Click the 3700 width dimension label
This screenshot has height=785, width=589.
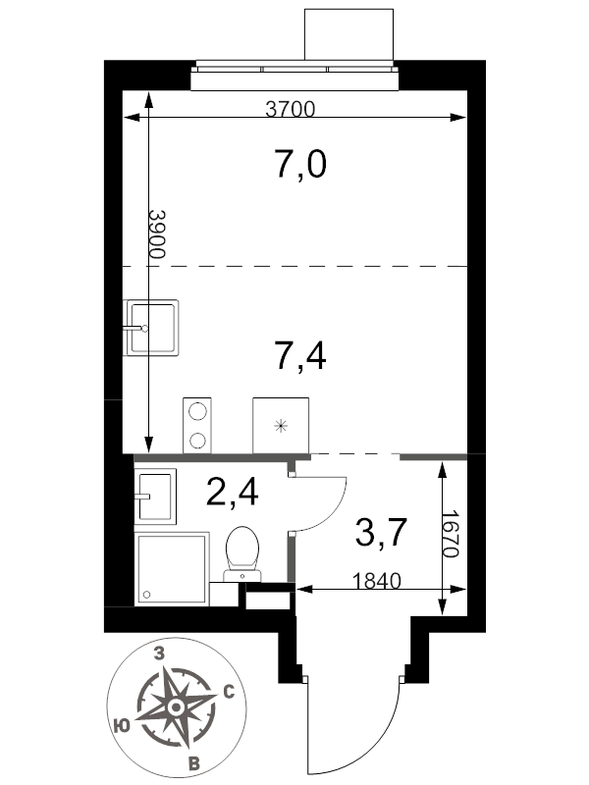pyautogui.click(x=290, y=109)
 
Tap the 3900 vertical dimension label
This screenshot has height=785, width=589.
pyautogui.click(x=157, y=234)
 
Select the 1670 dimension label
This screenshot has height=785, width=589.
pyautogui.click(x=451, y=534)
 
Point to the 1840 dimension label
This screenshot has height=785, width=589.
pyautogui.click(x=377, y=581)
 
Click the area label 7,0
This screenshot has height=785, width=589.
pyautogui.click(x=300, y=164)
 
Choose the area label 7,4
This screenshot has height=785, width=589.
pyautogui.click(x=300, y=356)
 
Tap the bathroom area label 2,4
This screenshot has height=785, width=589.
pyautogui.click(x=233, y=492)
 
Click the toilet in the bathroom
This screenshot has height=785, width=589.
pyautogui.click(x=242, y=553)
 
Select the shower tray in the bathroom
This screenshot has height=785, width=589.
pyautogui.click(x=172, y=569)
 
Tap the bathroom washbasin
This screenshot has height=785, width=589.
pyautogui.click(x=155, y=497)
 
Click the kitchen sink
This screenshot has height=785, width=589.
pyautogui.click(x=151, y=328)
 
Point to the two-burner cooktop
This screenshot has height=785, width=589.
pyautogui.click(x=197, y=426)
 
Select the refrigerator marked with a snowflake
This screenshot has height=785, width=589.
pyautogui.click(x=281, y=426)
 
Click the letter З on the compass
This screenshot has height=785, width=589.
pyautogui.click(x=159, y=654)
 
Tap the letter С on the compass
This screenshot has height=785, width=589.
pyautogui.click(x=229, y=692)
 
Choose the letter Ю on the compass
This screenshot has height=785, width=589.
pyautogui.click(x=122, y=725)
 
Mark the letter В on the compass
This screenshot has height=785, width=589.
pyautogui.click(x=193, y=764)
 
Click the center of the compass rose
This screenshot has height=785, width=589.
pyautogui.click(x=176, y=707)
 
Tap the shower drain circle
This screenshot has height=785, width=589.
pyautogui.click(x=146, y=595)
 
